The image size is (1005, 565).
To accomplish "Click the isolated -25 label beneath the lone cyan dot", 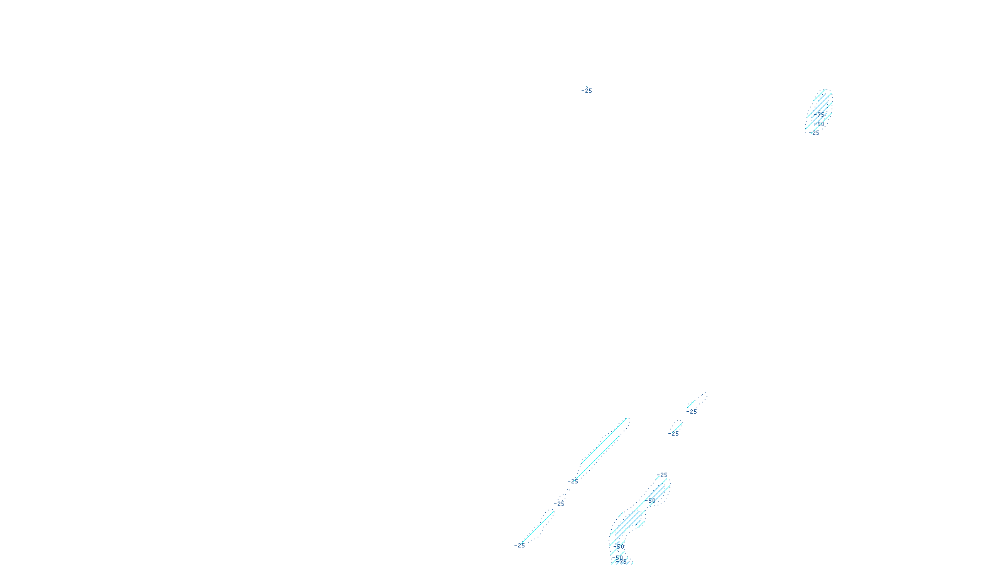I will tap(587, 92).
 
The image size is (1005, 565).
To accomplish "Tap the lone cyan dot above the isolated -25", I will tap(587, 87).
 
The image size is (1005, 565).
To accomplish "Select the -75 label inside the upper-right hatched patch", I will tap(818, 114).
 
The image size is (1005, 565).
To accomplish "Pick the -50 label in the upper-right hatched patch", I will tap(820, 124).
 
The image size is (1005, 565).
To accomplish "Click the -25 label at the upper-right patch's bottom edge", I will tap(815, 133).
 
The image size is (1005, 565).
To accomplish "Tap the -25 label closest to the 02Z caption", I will tap(519, 546).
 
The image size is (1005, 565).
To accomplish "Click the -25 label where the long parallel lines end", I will tap(573, 482).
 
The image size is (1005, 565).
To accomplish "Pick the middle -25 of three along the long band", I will tap(559, 503).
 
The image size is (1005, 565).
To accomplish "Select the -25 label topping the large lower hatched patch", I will tap(662, 475).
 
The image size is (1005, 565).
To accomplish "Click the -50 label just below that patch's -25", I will tap(653, 500).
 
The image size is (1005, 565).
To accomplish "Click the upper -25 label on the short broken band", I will tap(692, 412).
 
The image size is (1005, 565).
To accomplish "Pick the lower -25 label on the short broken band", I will tap(674, 433).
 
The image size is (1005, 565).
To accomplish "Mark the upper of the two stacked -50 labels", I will tap(619, 546).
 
